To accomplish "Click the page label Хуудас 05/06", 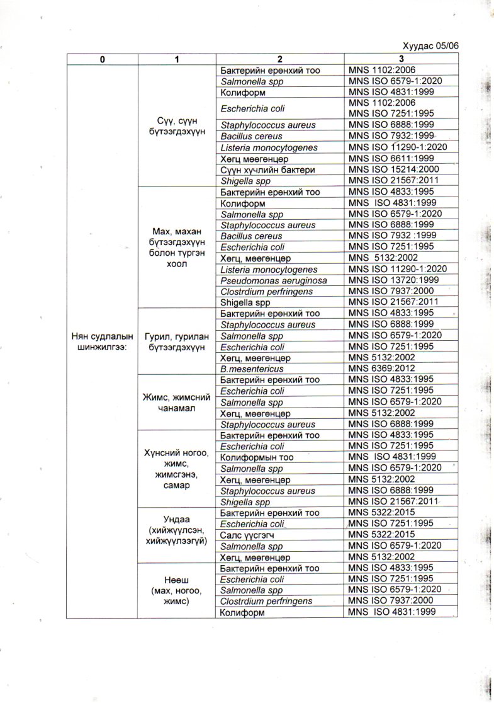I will pos(431,46).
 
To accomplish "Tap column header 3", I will pos(401,59).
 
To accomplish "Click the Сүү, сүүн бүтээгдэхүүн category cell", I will pos(177,125).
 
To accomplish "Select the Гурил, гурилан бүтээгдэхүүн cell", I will pos(177,340).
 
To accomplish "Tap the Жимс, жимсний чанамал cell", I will pos(177,402).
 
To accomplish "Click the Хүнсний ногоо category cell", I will pos(177,469).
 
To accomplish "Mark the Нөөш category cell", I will pos(177,590).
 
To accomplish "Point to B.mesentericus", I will pos(252,369).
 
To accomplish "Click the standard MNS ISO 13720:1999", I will pos(391,280).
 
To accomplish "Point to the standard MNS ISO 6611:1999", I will pos(389,159).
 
